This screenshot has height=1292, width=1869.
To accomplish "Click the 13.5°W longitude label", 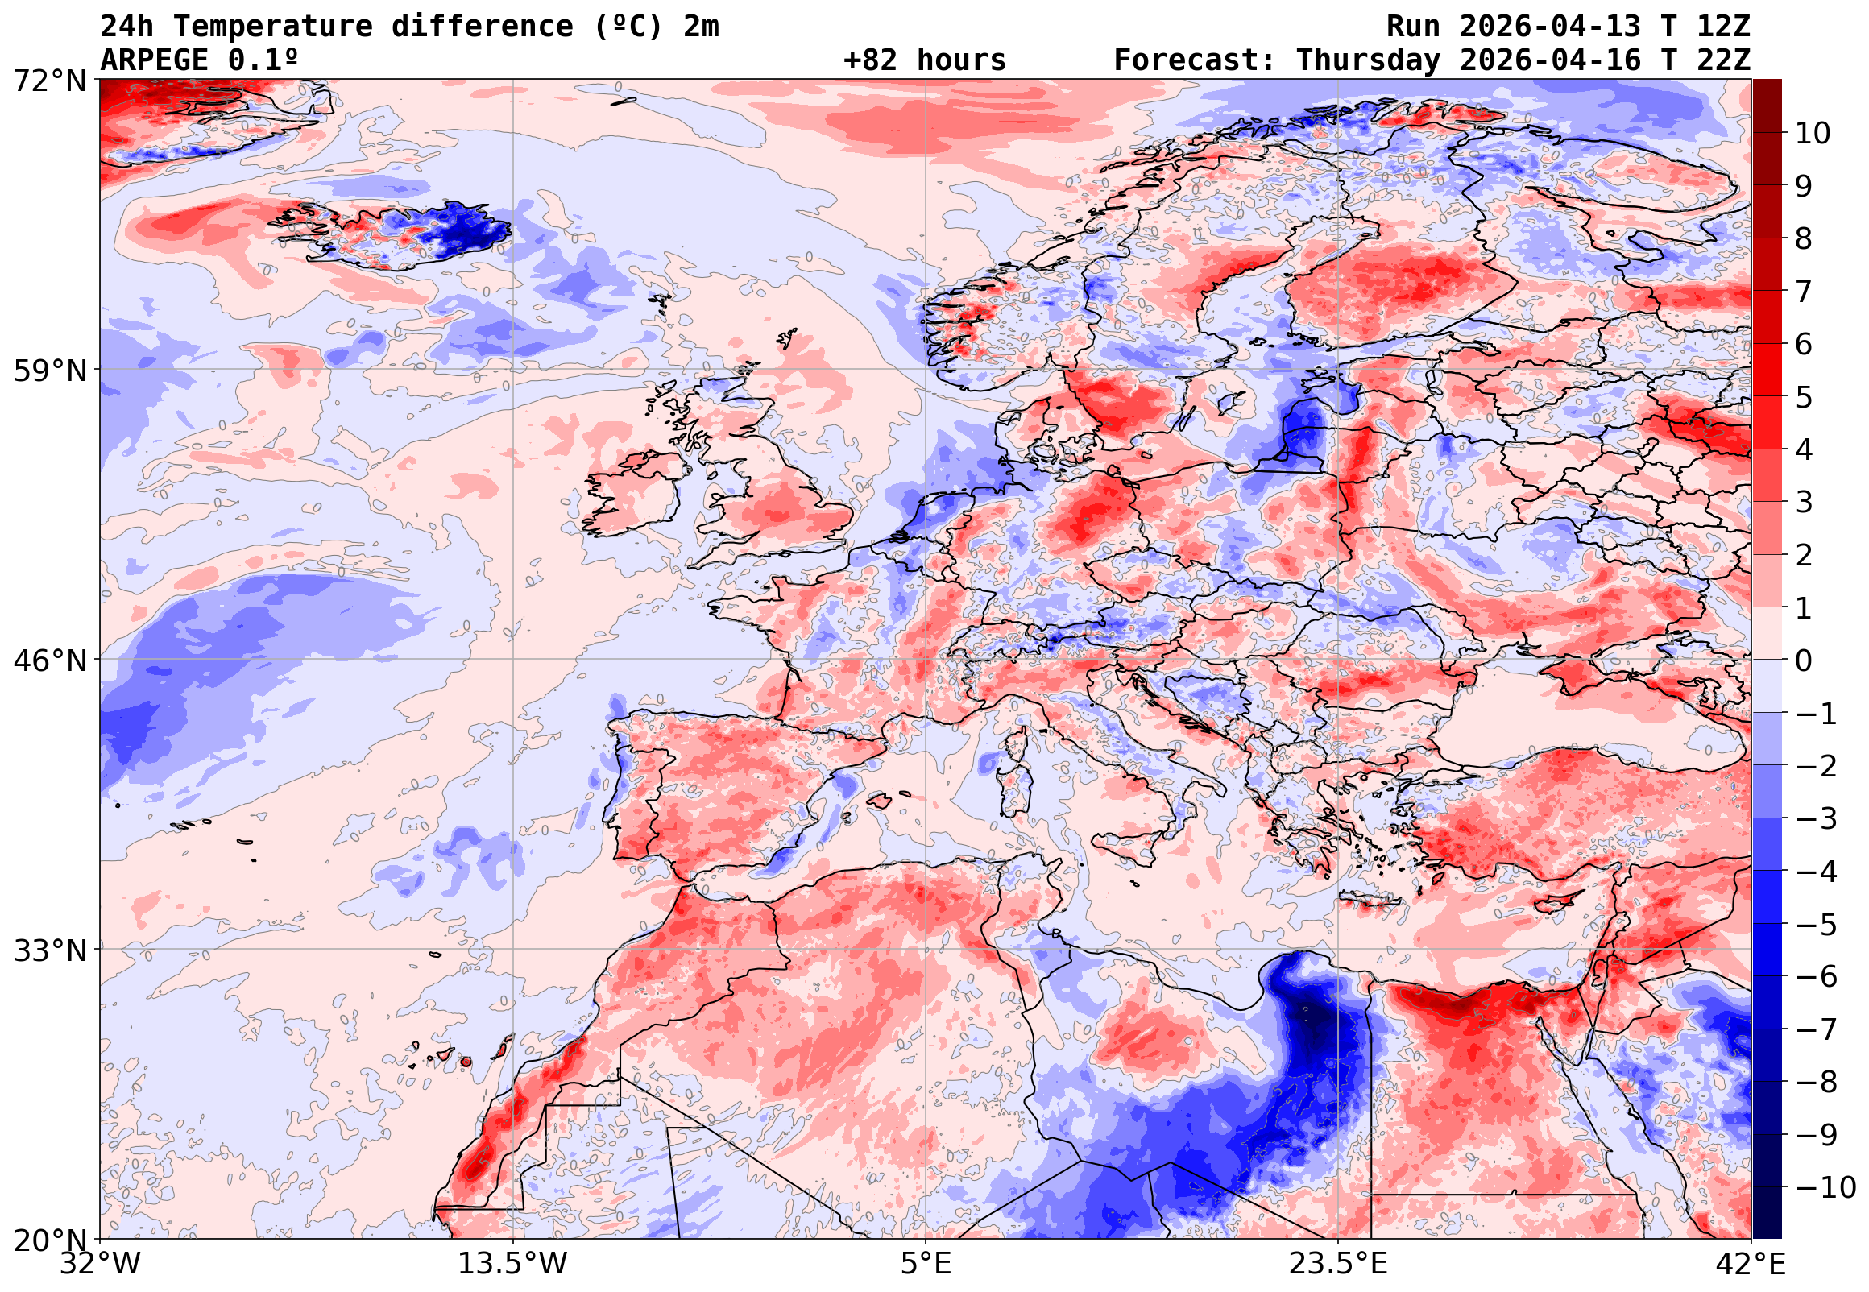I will (x=513, y=1264).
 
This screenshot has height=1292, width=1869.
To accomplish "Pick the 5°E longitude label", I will (x=926, y=1264).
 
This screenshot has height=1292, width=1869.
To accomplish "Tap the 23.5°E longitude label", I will (x=1339, y=1264).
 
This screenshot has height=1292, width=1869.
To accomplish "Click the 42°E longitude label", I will (x=1751, y=1264).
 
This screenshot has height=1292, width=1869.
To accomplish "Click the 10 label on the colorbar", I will (x=1813, y=134).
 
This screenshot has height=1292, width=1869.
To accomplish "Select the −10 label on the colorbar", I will (x=1825, y=1187).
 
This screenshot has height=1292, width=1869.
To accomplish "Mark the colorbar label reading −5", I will (x=1817, y=925).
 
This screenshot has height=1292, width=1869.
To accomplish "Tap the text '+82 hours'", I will (x=924, y=60).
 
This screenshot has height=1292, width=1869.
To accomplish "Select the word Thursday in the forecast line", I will (x=1368, y=60).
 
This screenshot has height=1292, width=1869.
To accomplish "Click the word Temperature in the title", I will (x=273, y=27).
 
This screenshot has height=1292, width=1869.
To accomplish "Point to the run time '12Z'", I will (x=1723, y=27).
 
